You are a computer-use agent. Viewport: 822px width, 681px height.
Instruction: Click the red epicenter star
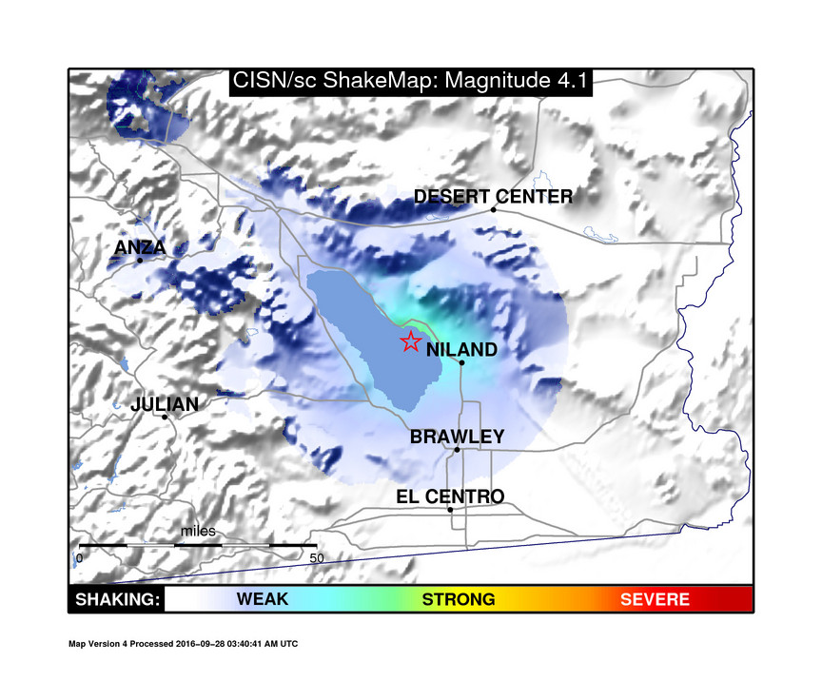410,341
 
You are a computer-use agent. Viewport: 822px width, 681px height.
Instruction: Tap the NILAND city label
461,350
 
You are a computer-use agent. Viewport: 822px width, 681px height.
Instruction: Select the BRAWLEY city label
457,438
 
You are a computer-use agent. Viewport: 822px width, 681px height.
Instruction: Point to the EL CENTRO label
450,496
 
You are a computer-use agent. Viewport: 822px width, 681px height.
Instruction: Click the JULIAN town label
165,404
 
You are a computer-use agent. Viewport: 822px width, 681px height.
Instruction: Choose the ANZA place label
140,248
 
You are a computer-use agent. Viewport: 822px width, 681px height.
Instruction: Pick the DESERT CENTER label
493,197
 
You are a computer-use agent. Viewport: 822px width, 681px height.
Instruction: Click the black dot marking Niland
461,362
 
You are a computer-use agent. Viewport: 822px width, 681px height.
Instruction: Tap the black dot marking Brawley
457,450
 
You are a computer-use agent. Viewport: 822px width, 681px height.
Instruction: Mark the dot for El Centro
450,510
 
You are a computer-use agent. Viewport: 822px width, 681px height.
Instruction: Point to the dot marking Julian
165,417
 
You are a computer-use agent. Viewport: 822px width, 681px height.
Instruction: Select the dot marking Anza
140,260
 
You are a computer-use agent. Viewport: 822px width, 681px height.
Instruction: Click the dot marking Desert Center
493,208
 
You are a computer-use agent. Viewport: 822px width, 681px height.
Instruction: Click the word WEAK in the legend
263,600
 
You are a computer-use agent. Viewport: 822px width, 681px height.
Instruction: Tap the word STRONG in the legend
459,600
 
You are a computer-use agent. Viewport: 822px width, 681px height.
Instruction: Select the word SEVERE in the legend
655,600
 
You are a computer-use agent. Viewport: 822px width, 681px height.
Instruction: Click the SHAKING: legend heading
116,600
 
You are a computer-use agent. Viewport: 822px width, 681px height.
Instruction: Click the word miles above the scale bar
199,531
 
